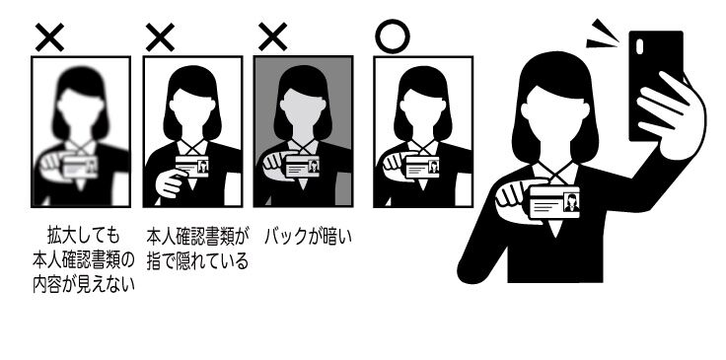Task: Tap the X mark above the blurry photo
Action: click(49, 37)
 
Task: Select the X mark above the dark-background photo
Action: click(272, 37)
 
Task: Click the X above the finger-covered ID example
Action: click(160, 37)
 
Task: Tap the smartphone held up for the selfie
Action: click(656, 86)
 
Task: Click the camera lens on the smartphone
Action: click(640, 46)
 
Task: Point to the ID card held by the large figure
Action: click(554, 202)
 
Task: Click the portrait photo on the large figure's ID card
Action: click(571, 202)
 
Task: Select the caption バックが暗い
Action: click(309, 237)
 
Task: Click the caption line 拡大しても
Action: click(83, 236)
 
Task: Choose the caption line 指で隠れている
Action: click(197, 261)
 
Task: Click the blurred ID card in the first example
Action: click(80, 167)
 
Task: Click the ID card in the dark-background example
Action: click(303, 166)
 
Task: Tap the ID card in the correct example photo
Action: click(422, 167)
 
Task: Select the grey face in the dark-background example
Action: click(303, 112)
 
